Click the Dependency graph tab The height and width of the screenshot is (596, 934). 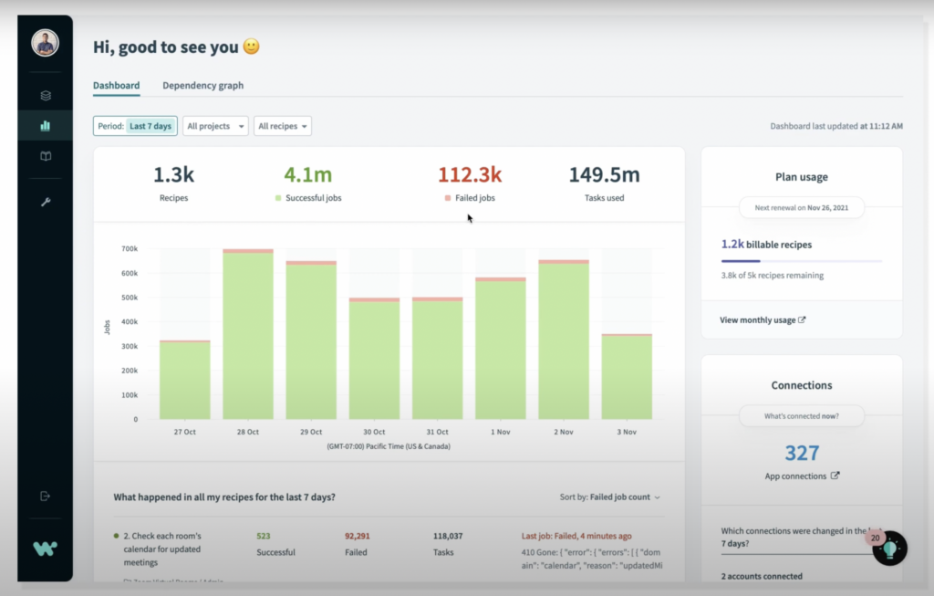[202, 86]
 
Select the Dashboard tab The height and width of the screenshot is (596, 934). [116, 86]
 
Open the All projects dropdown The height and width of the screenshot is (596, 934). [215, 126]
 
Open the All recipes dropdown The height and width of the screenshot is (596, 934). [284, 126]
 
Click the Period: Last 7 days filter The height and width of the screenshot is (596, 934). [135, 126]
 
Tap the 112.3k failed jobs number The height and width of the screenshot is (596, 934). [470, 174]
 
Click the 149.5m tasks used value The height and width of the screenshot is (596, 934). [604, 174]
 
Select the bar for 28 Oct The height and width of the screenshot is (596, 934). [248, 338]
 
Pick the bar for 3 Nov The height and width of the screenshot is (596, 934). [626, 378]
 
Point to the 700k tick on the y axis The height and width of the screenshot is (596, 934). [128, 248]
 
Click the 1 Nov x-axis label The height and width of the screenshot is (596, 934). [500, 432]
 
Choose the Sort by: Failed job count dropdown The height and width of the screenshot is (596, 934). [610, 497]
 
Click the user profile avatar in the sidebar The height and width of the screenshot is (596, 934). [45, 42]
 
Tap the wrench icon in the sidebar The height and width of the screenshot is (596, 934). [46, 202]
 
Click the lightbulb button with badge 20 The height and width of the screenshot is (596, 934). [889, 549]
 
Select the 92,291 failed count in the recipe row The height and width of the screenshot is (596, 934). [357, 536]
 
